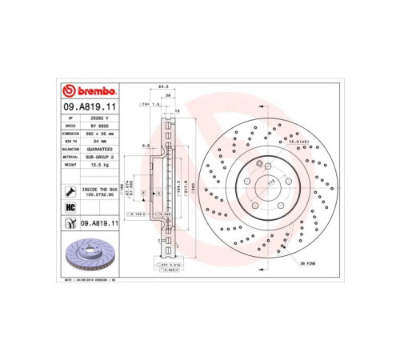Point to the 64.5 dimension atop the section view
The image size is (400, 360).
click(162, 87)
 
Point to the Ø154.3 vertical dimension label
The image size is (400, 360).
click(178, 186)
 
